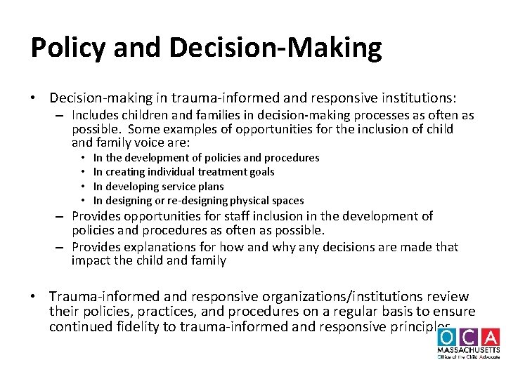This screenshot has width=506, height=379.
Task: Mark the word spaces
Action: click(287, 201)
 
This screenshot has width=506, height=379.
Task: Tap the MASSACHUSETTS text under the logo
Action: click(468, 350)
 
